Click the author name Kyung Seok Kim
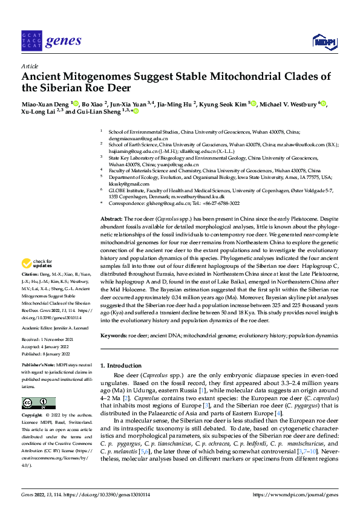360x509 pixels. [224, 104]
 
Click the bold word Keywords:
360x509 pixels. [114, 334]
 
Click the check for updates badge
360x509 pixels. [34, 263]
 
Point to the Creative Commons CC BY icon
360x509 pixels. [38, 403]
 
